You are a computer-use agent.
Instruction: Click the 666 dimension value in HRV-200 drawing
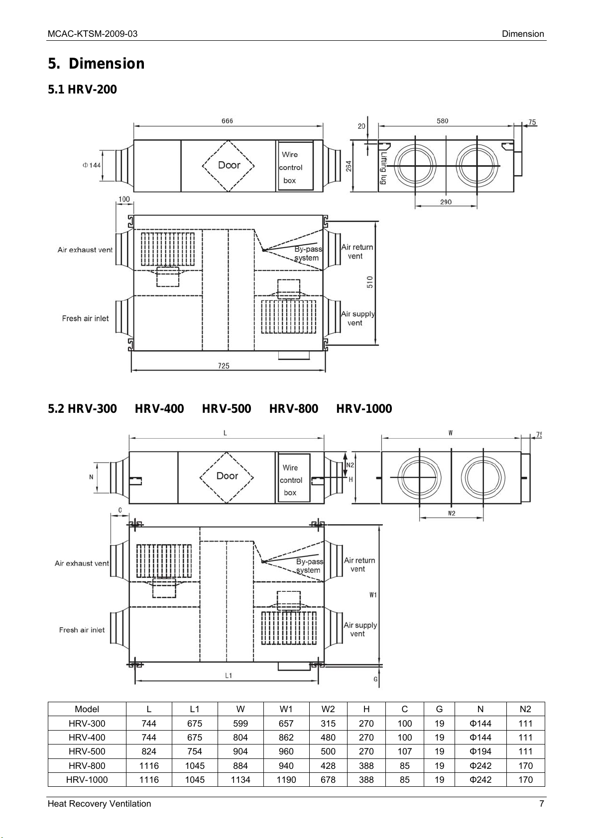(x=227, y=121)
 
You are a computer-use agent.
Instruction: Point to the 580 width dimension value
(x=442, y=121)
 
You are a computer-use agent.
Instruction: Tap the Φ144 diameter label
(x=92, y=165)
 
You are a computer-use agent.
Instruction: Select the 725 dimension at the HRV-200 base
(x=224, y=366)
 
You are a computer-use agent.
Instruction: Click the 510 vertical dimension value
(x=370, y=282)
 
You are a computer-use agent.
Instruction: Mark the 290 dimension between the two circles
(x=446, y=202)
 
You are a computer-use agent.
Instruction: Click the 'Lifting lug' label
(x=384, y=169)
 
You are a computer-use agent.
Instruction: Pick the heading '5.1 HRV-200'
(x=82, y=90)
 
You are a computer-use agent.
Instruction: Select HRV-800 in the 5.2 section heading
(x=293, y=409)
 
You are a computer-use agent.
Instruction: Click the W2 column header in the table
(x=328, y=709)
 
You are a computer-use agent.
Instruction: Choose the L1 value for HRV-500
(x=195, y=751)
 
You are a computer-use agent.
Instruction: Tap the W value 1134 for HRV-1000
(x=240, y=780)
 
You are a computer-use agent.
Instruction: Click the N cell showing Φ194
(x=480, y=751)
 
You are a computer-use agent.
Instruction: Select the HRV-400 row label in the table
(x=87, y=738)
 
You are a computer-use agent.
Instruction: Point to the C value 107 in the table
(x=405, y=751)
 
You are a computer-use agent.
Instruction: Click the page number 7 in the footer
(x=542, y=804)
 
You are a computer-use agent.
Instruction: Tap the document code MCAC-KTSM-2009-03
(x=93, y=34)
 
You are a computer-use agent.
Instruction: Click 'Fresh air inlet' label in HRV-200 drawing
(x=85, y=318)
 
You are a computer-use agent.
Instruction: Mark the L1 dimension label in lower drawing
(x=228, y=675)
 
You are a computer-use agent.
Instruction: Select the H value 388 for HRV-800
(x=366, y=766)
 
